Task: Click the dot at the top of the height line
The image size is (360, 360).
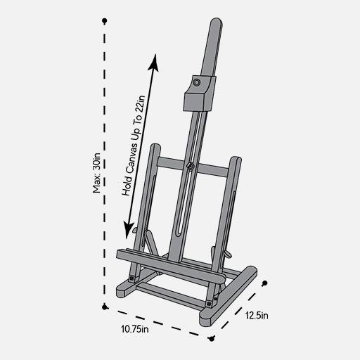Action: pos(104,21)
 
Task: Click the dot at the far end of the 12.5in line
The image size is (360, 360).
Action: pos(265,283)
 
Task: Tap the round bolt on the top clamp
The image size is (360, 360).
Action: pos(197,84)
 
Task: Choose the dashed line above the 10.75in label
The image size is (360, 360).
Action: pos(157,321)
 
